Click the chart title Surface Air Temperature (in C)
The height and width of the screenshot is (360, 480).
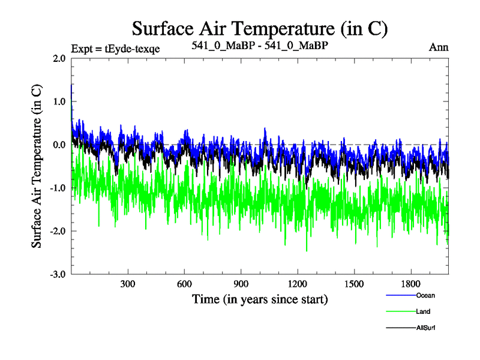click(260, 29)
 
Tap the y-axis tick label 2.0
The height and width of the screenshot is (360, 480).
click(59, 59)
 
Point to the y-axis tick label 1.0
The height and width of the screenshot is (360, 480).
click(59, 102)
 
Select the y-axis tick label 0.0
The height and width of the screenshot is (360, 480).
click(59, 145)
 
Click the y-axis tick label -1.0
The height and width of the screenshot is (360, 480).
click(58, 188)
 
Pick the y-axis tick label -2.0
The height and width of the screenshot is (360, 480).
click(58, 232)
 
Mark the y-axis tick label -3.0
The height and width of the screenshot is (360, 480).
click(58, 275)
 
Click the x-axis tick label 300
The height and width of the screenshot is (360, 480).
click(128, 284)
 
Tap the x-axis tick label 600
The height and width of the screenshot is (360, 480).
click(184, 284)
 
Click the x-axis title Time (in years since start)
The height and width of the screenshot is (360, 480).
click(260, 299)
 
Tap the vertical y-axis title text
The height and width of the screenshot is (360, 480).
click(37, 166)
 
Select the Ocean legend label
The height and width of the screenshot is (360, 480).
click(425, 295)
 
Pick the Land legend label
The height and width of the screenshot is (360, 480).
click(423, 311)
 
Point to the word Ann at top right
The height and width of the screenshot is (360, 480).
click(439, 47)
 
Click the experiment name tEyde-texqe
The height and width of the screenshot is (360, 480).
click(133, 49)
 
